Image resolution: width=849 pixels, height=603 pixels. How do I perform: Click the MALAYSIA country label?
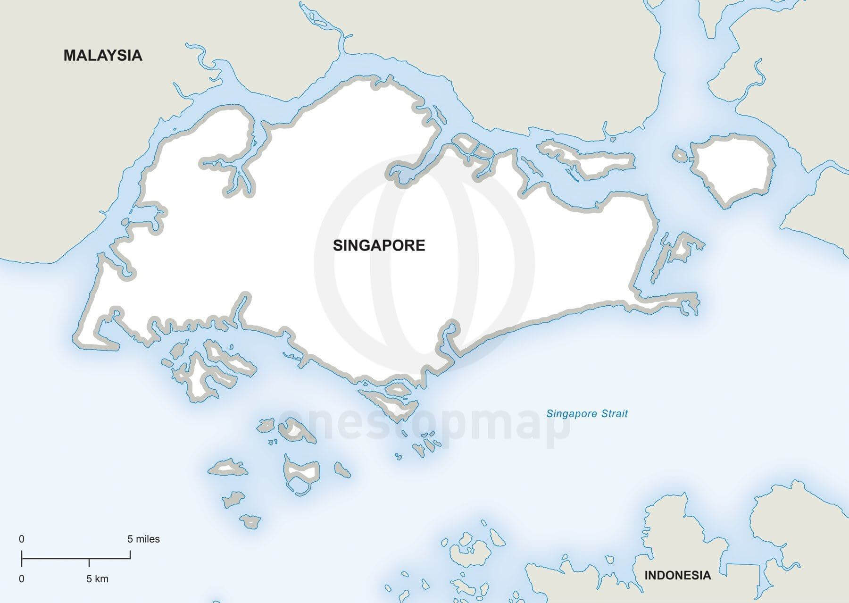103,55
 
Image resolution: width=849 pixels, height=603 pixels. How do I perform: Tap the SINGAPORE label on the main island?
379,245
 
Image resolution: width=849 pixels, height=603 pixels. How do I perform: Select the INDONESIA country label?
677,575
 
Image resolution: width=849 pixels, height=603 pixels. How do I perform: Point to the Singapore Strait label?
587,414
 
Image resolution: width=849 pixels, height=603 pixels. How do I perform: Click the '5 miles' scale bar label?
143,539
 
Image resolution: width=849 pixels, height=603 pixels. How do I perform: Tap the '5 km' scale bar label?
97,578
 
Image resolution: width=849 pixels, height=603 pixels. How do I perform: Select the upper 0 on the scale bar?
22,539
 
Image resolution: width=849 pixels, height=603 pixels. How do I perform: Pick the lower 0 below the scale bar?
22,578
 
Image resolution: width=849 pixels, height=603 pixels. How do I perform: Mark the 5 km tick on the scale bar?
89,562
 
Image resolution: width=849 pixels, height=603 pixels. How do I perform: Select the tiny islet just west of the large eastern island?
680,154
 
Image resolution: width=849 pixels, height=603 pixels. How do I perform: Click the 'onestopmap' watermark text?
424,427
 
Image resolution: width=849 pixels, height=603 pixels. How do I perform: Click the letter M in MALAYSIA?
69,55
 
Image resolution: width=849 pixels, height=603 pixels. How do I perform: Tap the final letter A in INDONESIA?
706,575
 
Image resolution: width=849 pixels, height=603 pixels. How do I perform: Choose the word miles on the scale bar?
149,539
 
